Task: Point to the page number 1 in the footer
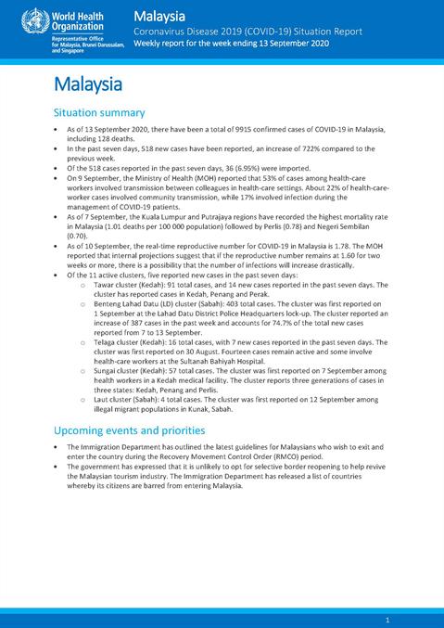(387, 619)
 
